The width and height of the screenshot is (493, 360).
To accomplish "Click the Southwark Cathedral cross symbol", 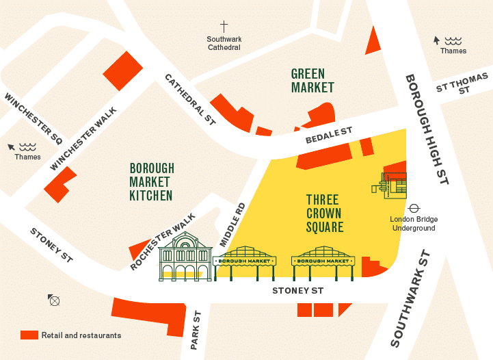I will [x=224, y=26].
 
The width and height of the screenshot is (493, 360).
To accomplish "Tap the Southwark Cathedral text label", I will [x=224, y=43].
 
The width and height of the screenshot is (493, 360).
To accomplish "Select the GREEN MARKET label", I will [x=312, y=81].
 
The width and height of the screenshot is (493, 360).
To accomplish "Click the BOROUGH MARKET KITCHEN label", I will [x=152, y=182].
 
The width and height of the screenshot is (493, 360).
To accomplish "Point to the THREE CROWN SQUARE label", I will [x=324, y=213].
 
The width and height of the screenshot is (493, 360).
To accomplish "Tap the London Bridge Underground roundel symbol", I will [x=414, y=208].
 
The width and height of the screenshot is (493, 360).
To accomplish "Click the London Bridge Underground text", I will [x=414, y=224].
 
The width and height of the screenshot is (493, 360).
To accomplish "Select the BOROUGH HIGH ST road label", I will [x=426, y=129].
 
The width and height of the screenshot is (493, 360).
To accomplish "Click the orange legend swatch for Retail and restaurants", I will [x=29, y=335].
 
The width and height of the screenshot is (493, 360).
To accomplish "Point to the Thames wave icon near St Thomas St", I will [x=453, y=40].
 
